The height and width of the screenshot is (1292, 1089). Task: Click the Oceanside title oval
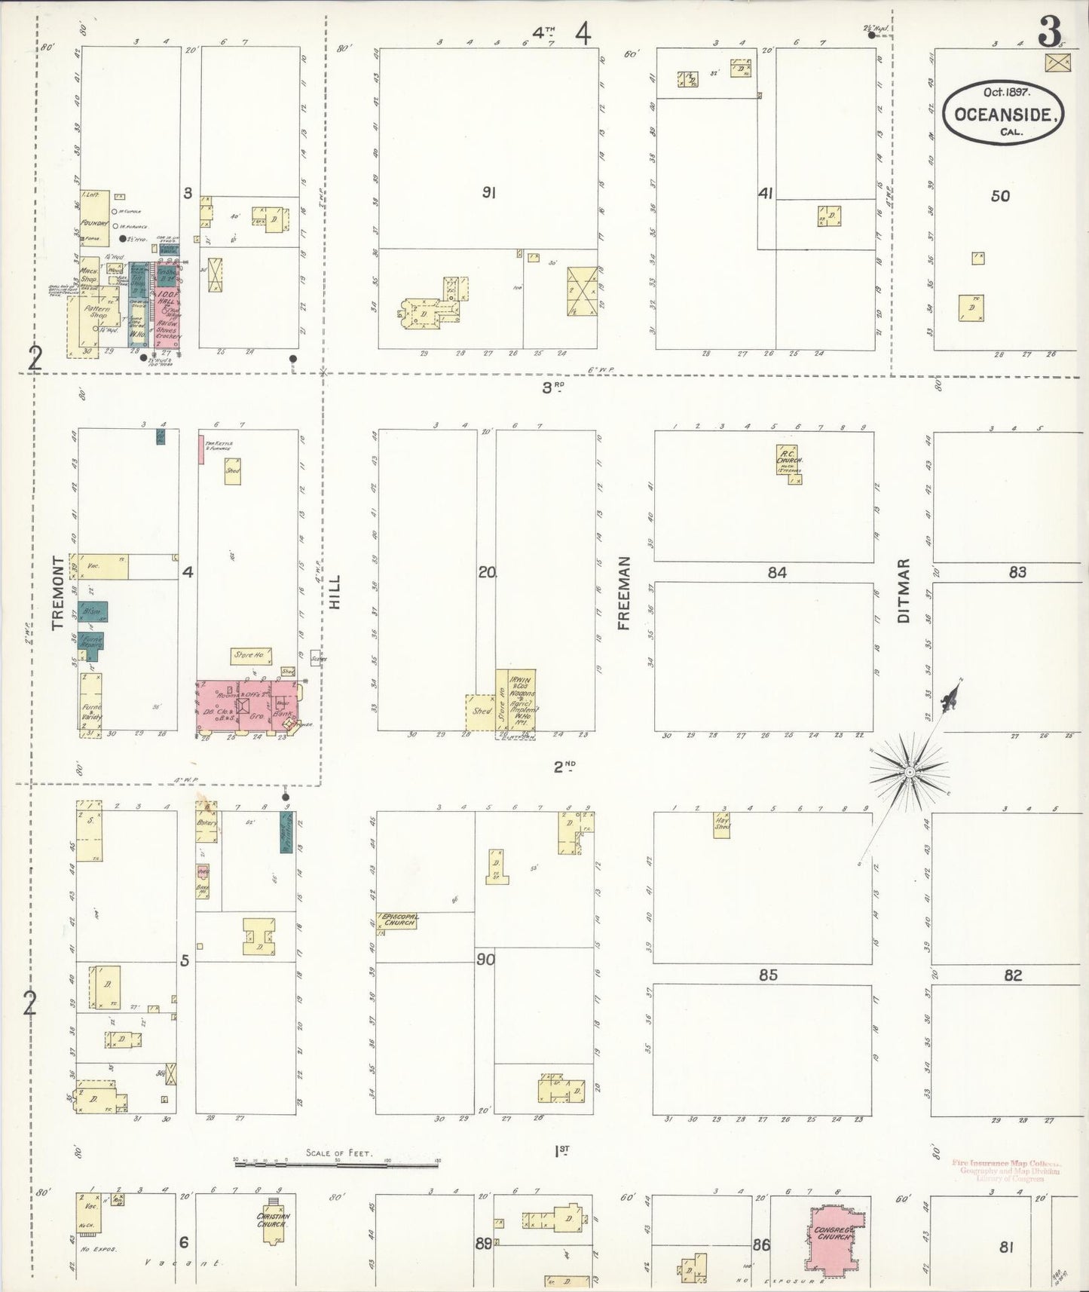(1005, 111)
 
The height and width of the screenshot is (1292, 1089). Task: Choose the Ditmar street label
(904, 591)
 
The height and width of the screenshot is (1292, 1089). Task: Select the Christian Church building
(273, 1219)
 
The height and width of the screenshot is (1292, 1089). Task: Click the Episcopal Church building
(398, 920)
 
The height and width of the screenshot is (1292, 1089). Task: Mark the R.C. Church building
(789, 460)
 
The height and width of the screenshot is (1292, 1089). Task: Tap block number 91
(489, 193)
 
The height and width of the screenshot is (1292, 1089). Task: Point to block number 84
(776, 573)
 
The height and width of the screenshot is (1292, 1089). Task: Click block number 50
(1000, 196)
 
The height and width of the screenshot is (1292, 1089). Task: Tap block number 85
(767, 975)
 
